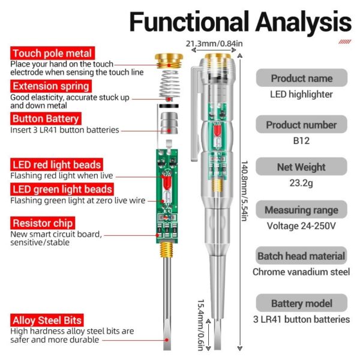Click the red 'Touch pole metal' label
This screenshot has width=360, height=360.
[52, 54]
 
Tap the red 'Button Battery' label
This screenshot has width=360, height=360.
[45, 119]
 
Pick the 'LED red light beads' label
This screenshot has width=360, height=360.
[56, 164]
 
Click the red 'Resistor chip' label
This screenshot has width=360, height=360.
[41, 223]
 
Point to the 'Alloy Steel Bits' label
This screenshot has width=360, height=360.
[47, 320]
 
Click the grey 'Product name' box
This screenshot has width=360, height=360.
[301, 78]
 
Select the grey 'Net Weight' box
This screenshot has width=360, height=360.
[301, 167]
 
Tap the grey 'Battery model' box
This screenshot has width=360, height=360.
[301, 304]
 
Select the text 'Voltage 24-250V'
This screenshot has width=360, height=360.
[301, 226]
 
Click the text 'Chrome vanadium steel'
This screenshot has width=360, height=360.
[301, 272]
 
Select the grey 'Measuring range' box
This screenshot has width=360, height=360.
[301, 210]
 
